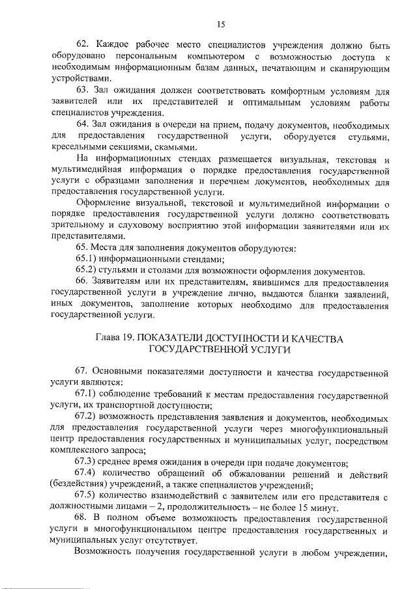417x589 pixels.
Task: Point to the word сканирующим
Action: point(356,70)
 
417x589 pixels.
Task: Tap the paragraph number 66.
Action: point(83,281)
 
